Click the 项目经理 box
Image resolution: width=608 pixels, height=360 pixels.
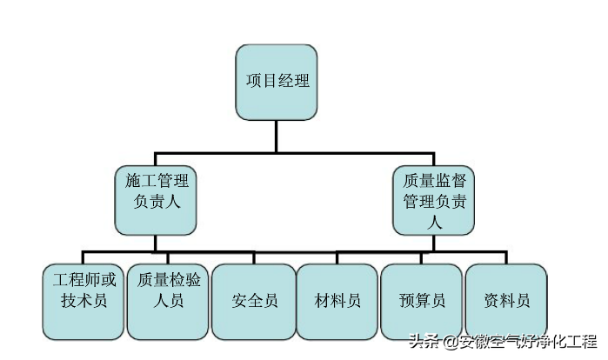point(277,83)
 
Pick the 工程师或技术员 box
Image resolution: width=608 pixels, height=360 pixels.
point(83,301)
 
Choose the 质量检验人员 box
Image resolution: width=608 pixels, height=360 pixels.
point(168,301)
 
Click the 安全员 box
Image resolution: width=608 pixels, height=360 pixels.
point(253,301)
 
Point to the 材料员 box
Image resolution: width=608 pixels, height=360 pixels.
point(337,301)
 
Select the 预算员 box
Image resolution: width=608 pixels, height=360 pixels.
point(422,301)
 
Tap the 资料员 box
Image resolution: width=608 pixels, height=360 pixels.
point(506,301)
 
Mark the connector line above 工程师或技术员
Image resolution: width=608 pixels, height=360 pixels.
point(83,258)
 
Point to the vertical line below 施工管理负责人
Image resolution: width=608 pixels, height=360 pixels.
point(156,243)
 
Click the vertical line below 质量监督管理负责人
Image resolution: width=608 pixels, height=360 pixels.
point(435,243)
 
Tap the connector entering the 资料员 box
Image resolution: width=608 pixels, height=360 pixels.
point(506,258)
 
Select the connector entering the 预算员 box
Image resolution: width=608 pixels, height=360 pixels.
point(422,258)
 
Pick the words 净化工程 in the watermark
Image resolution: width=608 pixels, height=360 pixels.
point(565,342)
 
